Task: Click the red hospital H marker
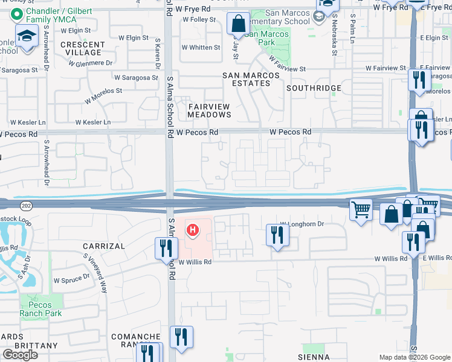click(x=193, y=230)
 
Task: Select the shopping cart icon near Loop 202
click(x=361, y=211)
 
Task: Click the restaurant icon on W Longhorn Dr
click(x=277, y=234)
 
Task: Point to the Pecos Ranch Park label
click(x=40, y=310)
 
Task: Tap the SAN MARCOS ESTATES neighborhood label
click(x=251, y=79)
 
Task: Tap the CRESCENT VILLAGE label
click(x=83, y=48)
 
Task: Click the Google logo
click(x=20, y=355)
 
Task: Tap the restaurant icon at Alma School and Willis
click(x=166, y=248)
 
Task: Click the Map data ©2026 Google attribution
click(x=415, y=357)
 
